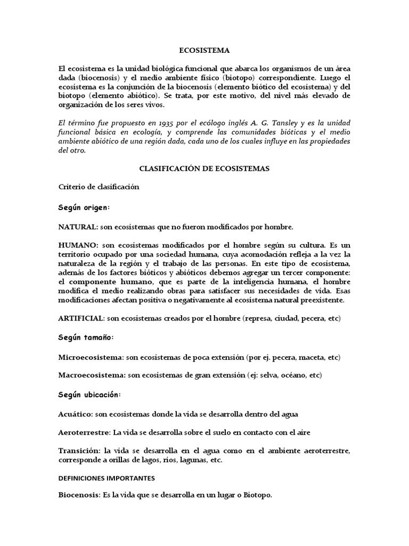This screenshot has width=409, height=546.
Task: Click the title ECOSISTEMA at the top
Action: point(204,51)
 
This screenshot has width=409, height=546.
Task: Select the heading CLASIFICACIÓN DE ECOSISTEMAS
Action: point(204,168)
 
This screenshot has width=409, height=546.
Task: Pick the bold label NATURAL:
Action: point(78,227)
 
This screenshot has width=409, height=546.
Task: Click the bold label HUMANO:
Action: point(78,245)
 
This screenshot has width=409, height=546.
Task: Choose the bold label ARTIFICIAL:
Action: point(81,318)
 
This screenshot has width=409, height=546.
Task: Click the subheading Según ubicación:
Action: point(89,395)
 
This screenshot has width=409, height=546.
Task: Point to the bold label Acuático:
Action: point(75,414)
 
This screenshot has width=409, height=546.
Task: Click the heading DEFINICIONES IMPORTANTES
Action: point(107,478)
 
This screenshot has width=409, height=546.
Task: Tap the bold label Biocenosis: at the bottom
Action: point(79,495)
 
